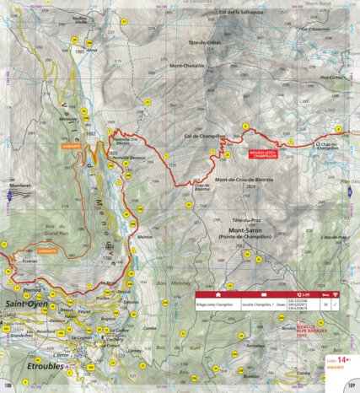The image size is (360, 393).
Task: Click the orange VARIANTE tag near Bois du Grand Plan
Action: [48, 251]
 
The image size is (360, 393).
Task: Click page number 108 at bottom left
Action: [9, 386]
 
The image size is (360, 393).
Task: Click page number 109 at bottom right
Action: [350, 386]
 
